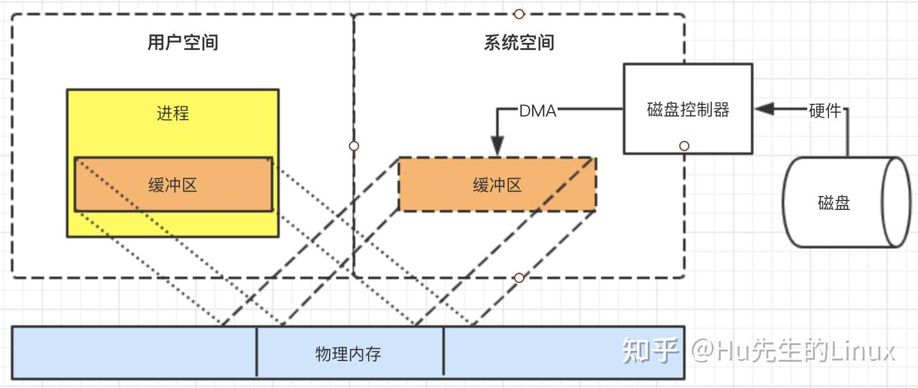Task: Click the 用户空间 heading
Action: [x=183, y=42]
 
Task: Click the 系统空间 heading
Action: [x=519, y=42]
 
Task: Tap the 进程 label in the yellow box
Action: [x=173, y=113]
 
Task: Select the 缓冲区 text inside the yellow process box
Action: [x=173, y=185]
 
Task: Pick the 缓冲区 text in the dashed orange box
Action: [x=497, y=185]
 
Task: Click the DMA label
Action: [x=538, y=111]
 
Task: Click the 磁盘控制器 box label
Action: [x=688, y=109]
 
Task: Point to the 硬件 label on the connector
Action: [x=825, y=111]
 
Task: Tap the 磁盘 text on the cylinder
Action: [x=834, y=203]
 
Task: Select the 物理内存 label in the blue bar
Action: [x=348, y=353]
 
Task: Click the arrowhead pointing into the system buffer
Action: [x=497, y=146]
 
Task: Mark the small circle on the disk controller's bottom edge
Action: [x=684, y=146]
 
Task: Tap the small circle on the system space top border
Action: [x=519, y=14]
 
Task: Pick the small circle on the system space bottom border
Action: [x=519, y=278]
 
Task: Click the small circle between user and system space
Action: [x=354, y=146]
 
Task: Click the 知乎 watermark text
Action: [x=650, y=351]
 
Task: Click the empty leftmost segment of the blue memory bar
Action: [x=134, y=353]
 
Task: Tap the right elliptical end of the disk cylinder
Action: [x=896, y=202]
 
